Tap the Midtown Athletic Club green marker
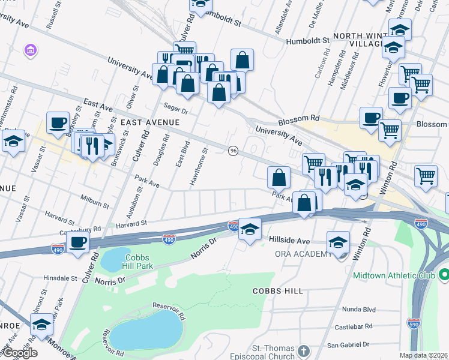point(444,275)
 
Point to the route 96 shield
point(232,150)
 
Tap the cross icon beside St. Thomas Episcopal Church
point(304,350)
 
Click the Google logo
point(19,352)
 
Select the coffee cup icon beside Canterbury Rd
point(77,243)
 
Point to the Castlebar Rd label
point(354,327)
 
